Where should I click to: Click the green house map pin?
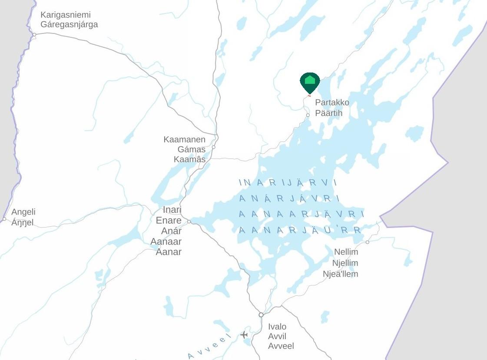coord(310,81)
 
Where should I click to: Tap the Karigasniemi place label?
coord(66,15)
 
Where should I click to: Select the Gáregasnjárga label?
coord(69,24)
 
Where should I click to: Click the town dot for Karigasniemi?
coord(34,35)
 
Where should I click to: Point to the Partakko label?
coord(332,103)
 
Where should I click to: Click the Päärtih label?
coord(329,113)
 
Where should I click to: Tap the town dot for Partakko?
coord(308,115)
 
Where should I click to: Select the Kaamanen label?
coord(184,139)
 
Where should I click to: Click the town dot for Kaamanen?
coord(213,147)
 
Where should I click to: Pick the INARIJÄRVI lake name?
coord(288,183)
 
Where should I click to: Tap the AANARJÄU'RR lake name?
coord(300,230)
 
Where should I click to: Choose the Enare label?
coord(169,221)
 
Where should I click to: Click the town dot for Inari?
coord(189,222)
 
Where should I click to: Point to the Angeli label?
coord(23,212)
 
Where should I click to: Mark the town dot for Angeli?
coord(4,219)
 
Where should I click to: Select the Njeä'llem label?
coord(340,274)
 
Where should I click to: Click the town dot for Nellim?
coord(368,242)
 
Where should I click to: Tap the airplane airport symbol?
coord(244,334)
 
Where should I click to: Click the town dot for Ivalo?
coord(261,315)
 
